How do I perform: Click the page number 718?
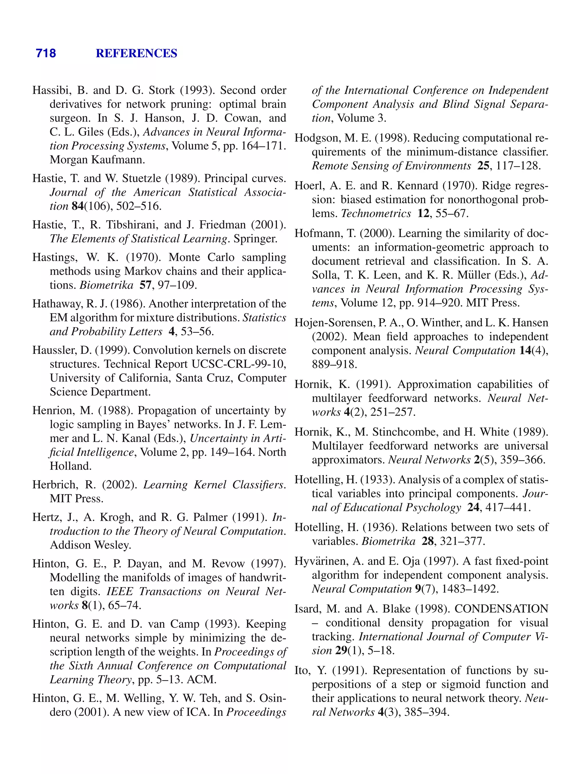pos(46,53)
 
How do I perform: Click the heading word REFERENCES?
pos(136,53)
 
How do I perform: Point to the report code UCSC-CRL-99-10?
pos(239,364)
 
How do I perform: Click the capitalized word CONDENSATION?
pos(501,609)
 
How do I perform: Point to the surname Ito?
pos(302,671)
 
